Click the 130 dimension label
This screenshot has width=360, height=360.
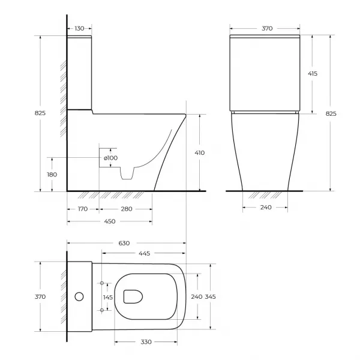tap(79, 28)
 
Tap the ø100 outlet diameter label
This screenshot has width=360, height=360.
tap(110, 158)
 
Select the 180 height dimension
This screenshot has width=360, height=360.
tap(52, 175)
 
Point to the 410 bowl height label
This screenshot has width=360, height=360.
tap(200, 152)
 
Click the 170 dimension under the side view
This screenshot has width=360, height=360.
tap(83, 209)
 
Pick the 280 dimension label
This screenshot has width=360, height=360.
tap(127, 209)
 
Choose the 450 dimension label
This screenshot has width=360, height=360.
tap(110, 221)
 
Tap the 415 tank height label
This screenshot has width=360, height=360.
tap(313, 74)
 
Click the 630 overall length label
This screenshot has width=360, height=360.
tap(124, 243)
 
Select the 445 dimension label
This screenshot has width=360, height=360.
tap(145, 253)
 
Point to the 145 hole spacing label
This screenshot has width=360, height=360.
tap(107, 298)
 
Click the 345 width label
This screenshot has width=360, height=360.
tap(211, 297)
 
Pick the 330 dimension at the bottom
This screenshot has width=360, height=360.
tap(146, 342)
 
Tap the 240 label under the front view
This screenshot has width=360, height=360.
tap(266, 208)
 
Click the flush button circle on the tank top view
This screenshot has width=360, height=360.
tap(79, 296)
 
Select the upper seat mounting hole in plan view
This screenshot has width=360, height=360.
tap(102, 283)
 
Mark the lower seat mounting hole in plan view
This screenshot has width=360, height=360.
tap(102, 310)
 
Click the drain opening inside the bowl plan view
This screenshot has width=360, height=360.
tap(133, 296)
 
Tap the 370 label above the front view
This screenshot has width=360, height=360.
tap(267, 28)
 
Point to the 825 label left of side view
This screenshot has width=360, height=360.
tap(40, 113)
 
